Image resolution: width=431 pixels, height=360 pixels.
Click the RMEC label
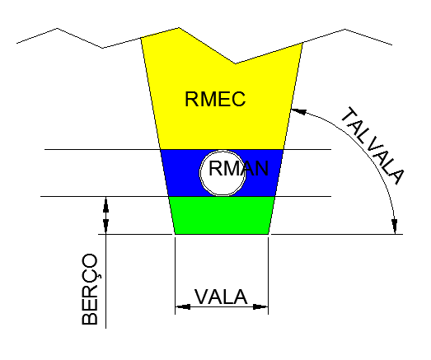point(215,99)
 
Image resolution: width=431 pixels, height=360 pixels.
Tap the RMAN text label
point(239,168)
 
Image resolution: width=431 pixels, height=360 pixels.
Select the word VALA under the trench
point(221,297)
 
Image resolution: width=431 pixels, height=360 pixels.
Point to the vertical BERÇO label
point(90,289)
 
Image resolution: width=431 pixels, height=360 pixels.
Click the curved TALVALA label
point(372,146)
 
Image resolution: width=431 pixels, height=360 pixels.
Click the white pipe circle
point(223,173)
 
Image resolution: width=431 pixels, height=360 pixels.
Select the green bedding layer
point(222,215)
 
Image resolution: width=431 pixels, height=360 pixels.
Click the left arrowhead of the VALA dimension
point(182,306)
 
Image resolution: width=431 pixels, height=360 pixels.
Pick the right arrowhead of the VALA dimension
point(260,306)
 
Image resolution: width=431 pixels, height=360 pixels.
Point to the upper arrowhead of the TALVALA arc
point(298,111)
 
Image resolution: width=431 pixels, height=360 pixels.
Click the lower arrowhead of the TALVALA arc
point(395,227)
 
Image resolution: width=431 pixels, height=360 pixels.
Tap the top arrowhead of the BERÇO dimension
point(105,204)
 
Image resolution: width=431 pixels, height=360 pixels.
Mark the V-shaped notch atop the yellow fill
point(235,63)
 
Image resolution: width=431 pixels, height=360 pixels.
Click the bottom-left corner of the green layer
point(175,234)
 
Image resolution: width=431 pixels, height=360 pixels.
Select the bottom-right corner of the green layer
point(269,234)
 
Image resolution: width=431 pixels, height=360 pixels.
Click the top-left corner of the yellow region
point(141,38)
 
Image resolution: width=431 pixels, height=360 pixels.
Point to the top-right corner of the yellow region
point(302,43)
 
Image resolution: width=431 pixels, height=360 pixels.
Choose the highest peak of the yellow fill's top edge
point(179,28)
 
